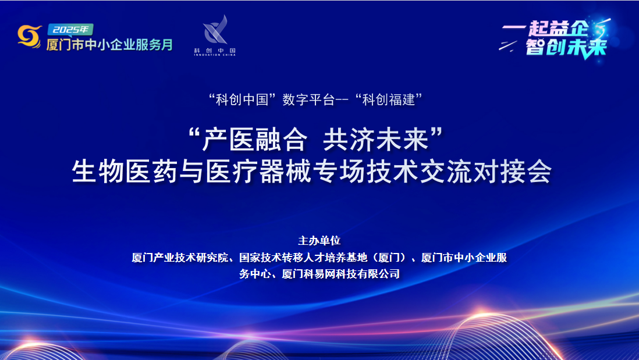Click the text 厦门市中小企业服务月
(109, 45)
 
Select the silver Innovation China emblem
(215, 30)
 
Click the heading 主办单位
(319, 240)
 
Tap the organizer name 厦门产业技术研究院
(179, 257)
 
